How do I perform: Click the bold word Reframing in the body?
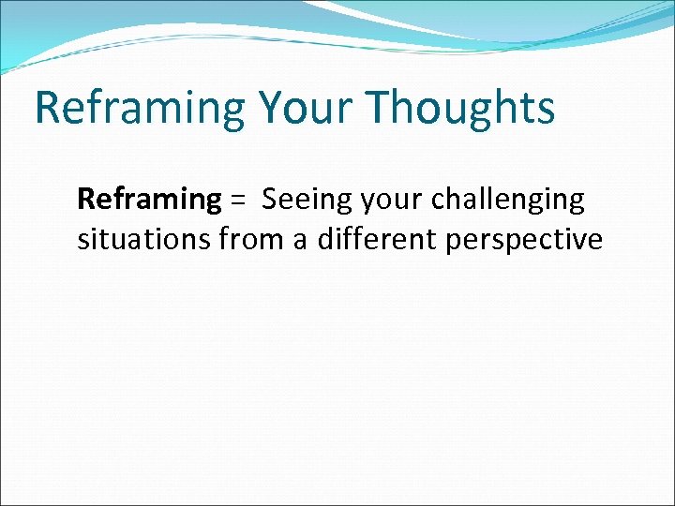[x=148, y=200]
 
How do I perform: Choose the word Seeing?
[x=302, y=200]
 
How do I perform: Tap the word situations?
[x=144, y=240]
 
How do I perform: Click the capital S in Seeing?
[x=270, y=200]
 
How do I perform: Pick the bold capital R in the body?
[x=85, y=200]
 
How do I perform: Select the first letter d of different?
[x=324, y=240]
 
